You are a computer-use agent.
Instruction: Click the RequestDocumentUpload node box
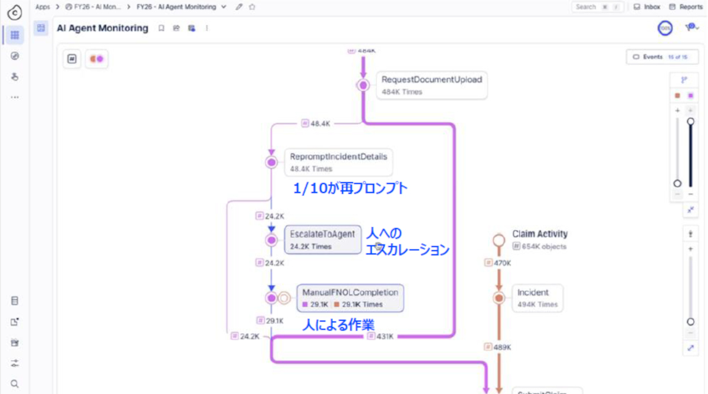[x=431, y=86]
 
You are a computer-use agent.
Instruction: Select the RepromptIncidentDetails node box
[x=339, y=162]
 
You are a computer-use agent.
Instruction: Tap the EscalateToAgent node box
[x=323, y=240]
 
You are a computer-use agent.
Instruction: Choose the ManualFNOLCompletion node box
[x=350, y=298]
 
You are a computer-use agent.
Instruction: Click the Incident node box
[x=537, y=298]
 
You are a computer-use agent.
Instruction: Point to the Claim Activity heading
[x=540, y=234]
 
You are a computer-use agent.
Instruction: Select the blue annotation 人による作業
[x=338, y=324]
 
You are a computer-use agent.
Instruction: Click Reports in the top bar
[x=686, y=7]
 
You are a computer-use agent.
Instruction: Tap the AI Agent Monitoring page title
[x=103, y=28]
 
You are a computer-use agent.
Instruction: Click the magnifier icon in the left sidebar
[x=15, y=383]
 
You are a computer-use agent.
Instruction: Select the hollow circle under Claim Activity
[x=499, y=240]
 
